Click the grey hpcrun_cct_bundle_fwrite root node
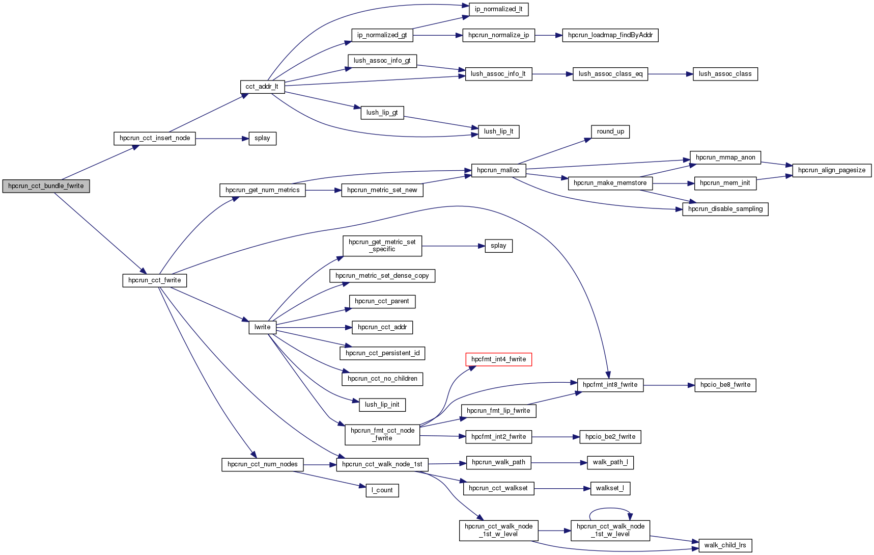point(46,186)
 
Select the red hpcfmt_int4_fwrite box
point(498,359)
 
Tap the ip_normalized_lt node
point(498,9)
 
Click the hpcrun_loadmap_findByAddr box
point(610,35)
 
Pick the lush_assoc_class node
point(725,74)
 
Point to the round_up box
point(610,131)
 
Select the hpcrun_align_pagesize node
point(831,170)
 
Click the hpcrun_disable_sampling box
point(725,209)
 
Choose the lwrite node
point(262,327)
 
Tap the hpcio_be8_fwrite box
point(725,385)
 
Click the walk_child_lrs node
point(725,545)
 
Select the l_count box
point(382,490)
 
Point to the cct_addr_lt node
point(262,87)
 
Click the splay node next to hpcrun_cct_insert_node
point(262,138)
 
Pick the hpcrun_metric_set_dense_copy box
point(382,276)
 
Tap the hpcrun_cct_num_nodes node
point(262,464)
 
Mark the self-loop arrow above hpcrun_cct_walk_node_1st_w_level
point(610,509)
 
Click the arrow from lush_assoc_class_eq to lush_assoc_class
point(670,74)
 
